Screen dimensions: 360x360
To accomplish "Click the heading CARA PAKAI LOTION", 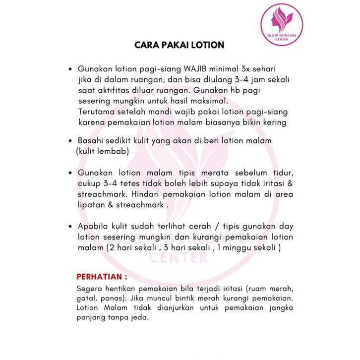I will (180, 45).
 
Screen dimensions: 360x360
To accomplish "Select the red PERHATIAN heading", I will (102, 276).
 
